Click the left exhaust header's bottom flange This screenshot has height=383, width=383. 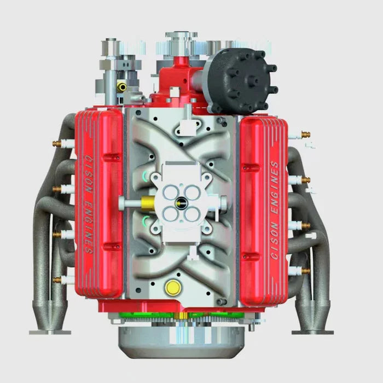coord(50,330)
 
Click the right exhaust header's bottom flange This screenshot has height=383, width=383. coord(312,330)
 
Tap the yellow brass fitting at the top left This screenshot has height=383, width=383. coord(122,86)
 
